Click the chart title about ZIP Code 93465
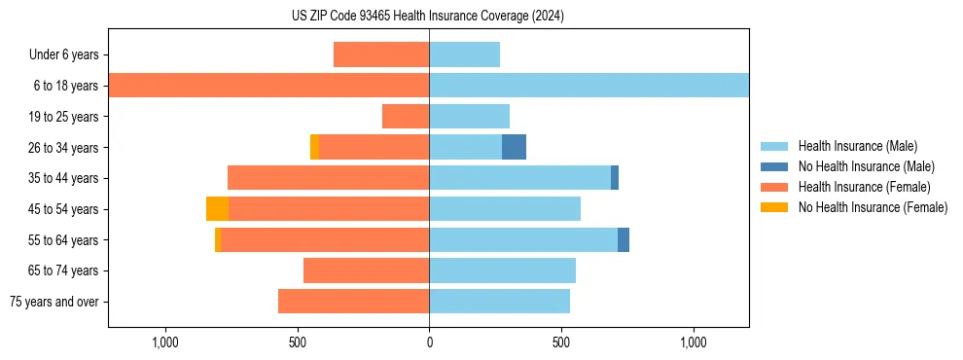pyautogui.click(x=428, y=16)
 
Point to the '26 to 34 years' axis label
pyautogui.click(x=63, y=147)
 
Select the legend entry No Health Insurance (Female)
pyautogui.click(x=873, y=207)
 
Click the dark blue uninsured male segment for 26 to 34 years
pyautogui.click(x=514, y=147)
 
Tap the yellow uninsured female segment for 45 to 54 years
pyautogui.click(x=217, y=208)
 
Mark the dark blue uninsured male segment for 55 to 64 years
pyautogui.click(x=624, y=239)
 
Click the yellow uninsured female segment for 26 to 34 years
pyautogui.click(x=314, y=147)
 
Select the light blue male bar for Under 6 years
pyautogui.click(x=464, y=54)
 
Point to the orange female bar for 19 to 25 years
pyautogui.click(x=406, y=117)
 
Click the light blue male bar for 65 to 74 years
pyautogui.click(x=502, y=270)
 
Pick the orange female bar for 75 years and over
pyautogui.click(x=353, y=302)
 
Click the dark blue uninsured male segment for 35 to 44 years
pyautogui.click(x=615, y=178)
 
